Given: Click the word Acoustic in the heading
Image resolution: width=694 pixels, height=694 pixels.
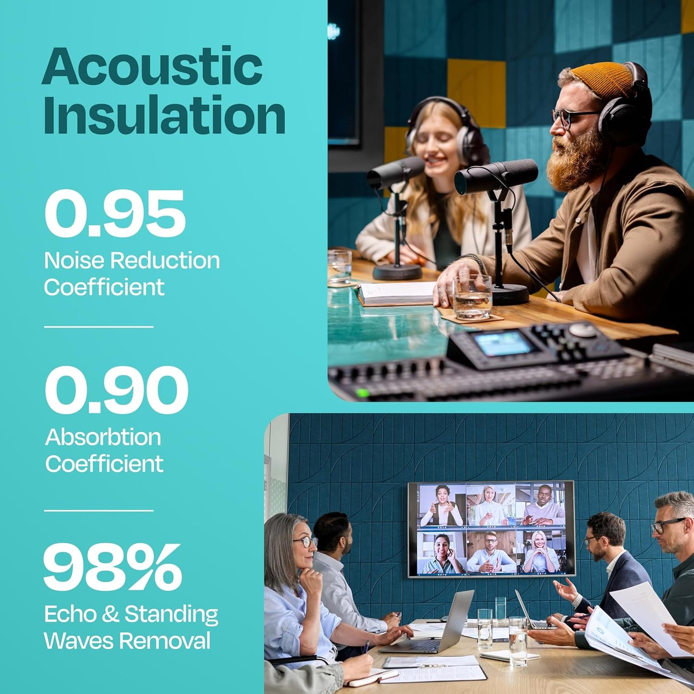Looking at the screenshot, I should tap(152, 66).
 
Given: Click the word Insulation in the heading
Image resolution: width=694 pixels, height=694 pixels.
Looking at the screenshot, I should tap(164, 115).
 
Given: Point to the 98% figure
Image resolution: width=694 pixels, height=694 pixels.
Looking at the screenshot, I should tap(112, 568).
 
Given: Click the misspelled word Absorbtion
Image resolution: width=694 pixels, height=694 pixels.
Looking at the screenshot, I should tap(103, 438).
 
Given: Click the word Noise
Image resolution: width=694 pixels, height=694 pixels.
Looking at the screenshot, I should tap(74, 261).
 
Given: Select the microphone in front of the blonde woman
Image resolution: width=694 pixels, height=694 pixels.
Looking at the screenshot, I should tap(395, 173).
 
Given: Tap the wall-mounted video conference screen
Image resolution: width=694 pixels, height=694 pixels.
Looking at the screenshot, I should tap(491, 528).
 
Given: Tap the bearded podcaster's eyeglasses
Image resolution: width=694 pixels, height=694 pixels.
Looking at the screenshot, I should tap(569, 117).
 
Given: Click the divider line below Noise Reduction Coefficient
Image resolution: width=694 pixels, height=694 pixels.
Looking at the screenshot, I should tap(98, 327).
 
